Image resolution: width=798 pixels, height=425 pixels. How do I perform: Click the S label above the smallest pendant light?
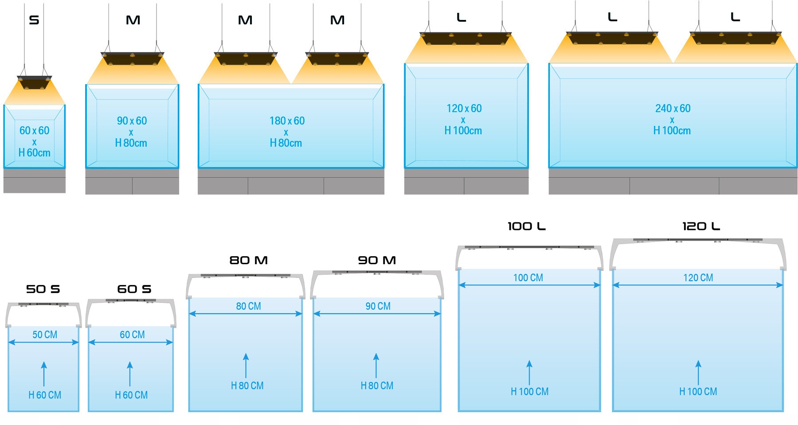point(34,20)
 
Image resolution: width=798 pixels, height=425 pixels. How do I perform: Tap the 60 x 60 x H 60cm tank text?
point(35,141)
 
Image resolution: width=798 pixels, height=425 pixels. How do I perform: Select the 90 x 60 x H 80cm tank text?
point(131,132)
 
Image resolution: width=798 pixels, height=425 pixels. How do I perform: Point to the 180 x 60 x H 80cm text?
point(286,132)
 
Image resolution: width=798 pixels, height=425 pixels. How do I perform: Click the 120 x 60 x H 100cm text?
point(463,119)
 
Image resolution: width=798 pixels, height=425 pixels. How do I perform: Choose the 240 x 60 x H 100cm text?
point(672,119)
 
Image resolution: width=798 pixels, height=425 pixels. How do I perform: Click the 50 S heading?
point(43,289)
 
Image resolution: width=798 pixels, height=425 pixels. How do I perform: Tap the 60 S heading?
point(134,289)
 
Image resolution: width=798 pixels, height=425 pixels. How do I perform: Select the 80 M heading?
point(248,261)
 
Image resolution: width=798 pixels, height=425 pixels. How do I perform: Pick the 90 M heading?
point(377,261)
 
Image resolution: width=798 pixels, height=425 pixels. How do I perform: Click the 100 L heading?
point(526,226)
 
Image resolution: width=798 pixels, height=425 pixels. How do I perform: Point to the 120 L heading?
point(701,226)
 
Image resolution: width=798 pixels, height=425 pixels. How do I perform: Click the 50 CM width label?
point(45,335)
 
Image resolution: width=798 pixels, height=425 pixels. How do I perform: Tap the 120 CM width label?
point(698,278)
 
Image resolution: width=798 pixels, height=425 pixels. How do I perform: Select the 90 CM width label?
point(378,306)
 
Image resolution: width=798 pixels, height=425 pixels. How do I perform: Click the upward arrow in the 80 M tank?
point(246,365)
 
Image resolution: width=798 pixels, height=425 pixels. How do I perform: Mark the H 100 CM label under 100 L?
point(529,392)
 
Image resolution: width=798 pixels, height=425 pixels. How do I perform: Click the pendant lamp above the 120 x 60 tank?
point(465,39)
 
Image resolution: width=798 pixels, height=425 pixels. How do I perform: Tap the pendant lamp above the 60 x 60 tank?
point(34,82)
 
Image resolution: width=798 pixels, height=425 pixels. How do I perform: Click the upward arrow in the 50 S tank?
point(44,374)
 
